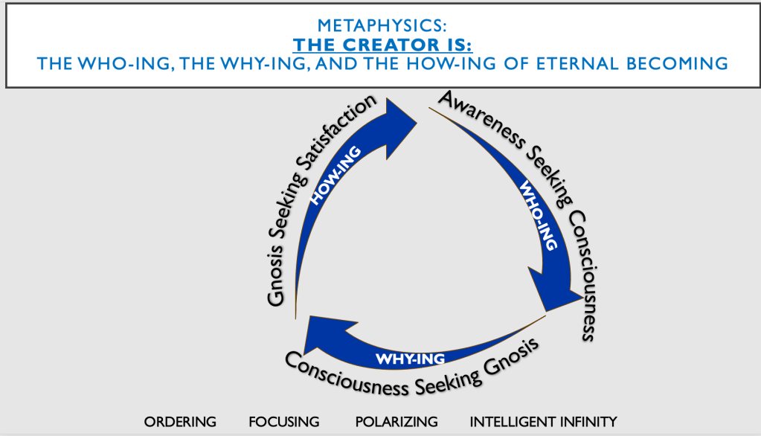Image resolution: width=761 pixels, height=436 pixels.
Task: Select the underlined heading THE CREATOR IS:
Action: [381, 44]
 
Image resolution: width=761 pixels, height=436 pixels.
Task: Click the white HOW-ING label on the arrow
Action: [335, 175]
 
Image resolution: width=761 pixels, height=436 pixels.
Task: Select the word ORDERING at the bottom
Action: [180, 422]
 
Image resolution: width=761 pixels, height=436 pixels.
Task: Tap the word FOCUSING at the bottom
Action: [284, 422]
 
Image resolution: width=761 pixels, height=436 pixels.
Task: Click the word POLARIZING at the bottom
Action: [396, 422]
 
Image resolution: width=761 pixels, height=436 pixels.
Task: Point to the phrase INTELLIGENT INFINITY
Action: [543, 422]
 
